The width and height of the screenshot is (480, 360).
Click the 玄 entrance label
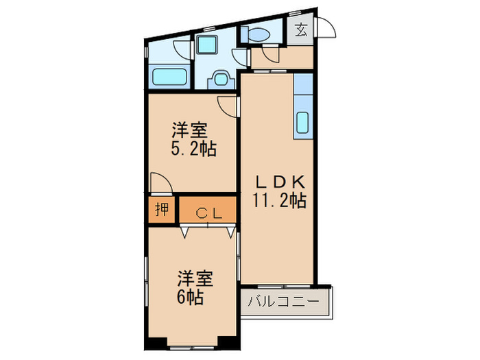tap(302, 30)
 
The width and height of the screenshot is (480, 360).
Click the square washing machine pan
tap(206, 45)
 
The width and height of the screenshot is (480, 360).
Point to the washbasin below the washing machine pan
tap(221, 79)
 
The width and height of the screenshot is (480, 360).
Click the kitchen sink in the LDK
tap(303, 122)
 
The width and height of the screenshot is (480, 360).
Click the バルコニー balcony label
tap(283, 302)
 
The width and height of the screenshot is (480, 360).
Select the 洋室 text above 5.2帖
tap(190, 129)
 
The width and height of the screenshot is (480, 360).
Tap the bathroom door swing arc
tap(182, 49)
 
